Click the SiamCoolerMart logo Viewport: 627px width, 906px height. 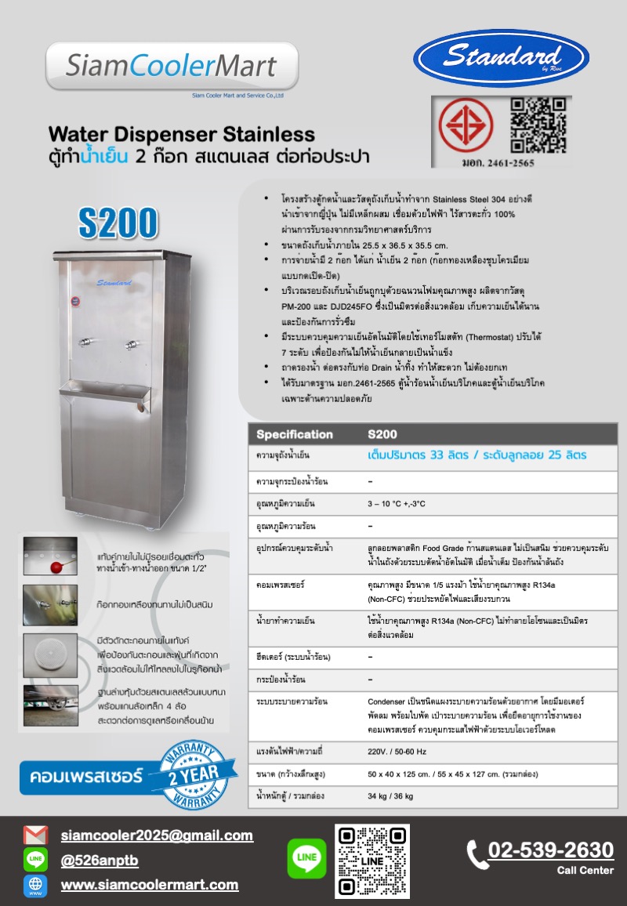pos(172,67)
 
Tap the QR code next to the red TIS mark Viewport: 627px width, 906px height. pos(538,125)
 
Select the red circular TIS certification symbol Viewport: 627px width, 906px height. pos(460,126)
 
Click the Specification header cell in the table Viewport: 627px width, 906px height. pos(295,434)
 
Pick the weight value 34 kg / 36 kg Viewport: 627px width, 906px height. pos(390,796)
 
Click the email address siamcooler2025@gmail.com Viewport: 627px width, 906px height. pos(157,835)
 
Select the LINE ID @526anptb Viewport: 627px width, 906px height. pos(100,861)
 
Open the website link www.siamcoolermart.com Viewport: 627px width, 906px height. pos(150,885)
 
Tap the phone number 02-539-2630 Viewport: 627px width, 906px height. pos(550,850)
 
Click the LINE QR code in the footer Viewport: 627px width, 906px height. pos(371,861)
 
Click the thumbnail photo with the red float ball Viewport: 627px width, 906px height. pos(50,556)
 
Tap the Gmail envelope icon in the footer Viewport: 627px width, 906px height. pos(35,835)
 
